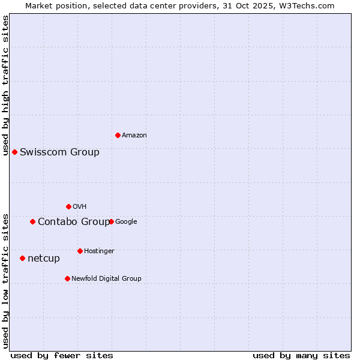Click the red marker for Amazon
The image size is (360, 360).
(x=118, y=135)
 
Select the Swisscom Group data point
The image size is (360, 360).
(x=14, y=152)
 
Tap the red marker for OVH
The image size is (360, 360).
(x=68, y=206)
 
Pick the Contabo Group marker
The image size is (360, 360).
(x=32, y=221)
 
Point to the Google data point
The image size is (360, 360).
(x=111, y=221)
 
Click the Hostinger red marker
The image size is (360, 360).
(x=80, y=251)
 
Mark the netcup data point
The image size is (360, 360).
(x=22, y=258)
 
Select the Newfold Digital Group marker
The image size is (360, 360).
(x=67, y=278)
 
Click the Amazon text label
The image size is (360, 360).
(x=134, y=136)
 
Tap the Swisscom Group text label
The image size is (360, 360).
(x=59, y=152)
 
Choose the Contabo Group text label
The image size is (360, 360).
(x=74, y=222)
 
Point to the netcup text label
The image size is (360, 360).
(x=44, y=259)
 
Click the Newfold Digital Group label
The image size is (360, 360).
(x=106, y=278)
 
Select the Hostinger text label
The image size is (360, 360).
(x=99, y=251)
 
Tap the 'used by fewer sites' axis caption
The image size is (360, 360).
(x=62, y=355)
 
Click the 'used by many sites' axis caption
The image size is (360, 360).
(x=301, y=355)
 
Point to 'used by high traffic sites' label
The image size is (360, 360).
(x=5, y=85)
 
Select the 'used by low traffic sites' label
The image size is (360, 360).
(x=5, y=280)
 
